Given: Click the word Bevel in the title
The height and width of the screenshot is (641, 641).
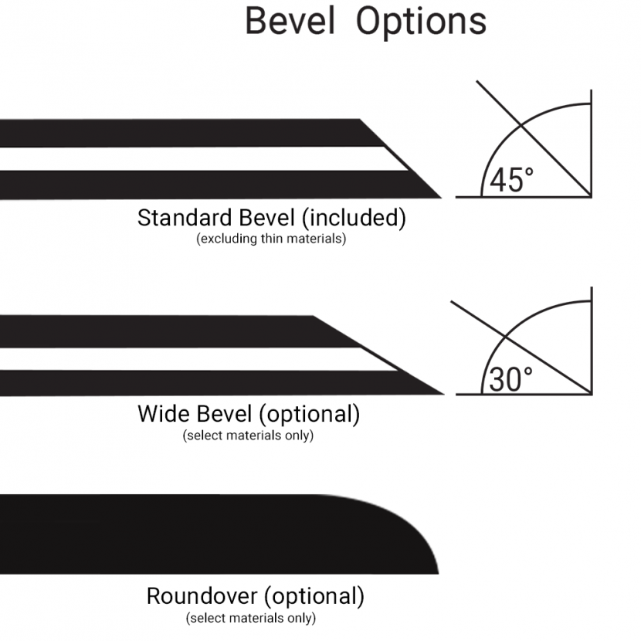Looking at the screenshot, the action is click(290, 21).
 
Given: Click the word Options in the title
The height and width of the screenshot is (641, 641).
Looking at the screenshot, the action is click(422, 23).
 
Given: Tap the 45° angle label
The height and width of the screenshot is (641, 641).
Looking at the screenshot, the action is click(511, 180).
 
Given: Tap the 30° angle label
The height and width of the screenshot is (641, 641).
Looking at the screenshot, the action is click(510, 379).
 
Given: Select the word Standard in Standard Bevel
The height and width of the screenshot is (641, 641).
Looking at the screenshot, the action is click(185, 218).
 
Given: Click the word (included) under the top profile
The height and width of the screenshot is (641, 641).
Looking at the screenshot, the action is click(354, 218).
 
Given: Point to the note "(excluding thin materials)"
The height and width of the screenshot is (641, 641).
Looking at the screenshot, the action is click(271, 239).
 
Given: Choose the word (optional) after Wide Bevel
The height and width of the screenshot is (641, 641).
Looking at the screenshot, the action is click(310, 415).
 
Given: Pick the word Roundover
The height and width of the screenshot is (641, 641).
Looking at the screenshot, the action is click(202, 596).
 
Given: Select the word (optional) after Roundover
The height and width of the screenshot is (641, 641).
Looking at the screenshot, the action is click(314, 596).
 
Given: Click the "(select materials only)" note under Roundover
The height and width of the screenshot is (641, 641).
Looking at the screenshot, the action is click(251, 618).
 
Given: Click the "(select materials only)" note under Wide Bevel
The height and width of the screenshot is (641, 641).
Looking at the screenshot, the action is click(248, 436).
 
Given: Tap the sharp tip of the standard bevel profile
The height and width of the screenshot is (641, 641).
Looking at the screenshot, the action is click(441, 198).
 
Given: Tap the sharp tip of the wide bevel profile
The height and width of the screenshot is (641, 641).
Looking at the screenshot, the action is click(443, 394).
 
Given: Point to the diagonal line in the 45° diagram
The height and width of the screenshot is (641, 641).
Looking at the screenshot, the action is click(534, 138).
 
